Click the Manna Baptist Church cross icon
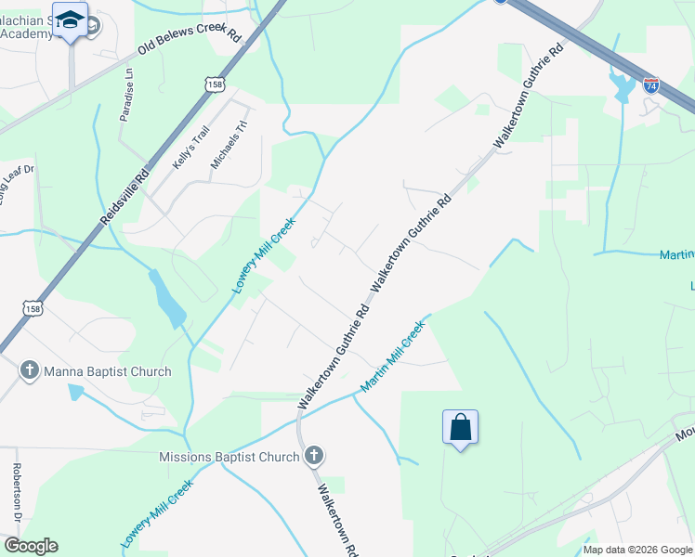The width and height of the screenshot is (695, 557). coord(29,371)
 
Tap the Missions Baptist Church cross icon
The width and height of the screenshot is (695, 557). coord(314,456)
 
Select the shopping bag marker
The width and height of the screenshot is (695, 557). coord(461,428)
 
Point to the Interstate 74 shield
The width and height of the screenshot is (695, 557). coord(651,85)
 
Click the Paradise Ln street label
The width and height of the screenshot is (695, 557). coord(127,95)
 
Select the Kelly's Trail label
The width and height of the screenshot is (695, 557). coord(187,150)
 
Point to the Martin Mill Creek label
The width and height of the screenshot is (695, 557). coord(393,356)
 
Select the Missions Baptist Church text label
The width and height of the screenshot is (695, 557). coord(229,457)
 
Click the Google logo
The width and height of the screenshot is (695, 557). coord(31,546)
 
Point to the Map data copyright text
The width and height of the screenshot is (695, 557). coord(636,550)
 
